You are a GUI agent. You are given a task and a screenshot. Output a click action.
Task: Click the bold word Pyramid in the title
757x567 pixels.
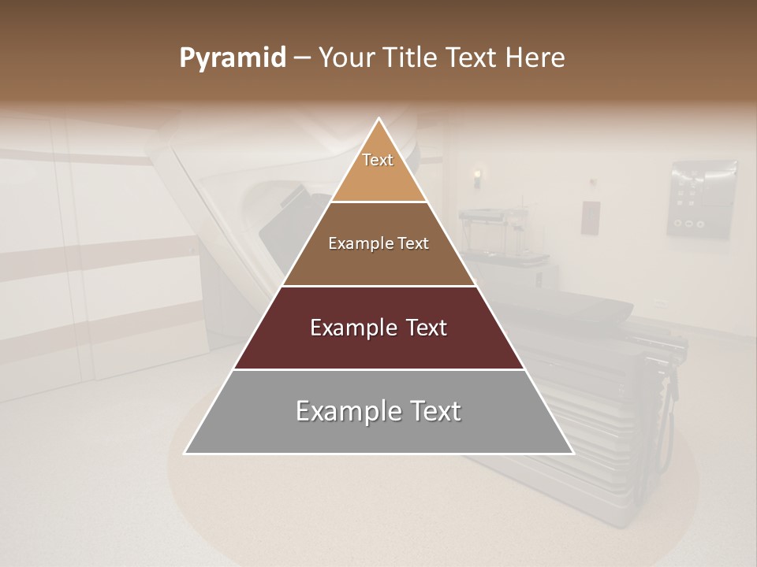pyautogui.click(x=233, y=58)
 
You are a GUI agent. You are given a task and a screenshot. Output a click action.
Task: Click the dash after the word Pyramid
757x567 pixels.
pyautogui.click(x=302, y=58)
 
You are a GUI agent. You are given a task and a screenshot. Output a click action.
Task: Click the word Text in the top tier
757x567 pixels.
pyautogui.click(x=378, y=160)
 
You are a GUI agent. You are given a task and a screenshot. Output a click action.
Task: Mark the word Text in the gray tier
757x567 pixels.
pyautogui.click(x=433, y=411)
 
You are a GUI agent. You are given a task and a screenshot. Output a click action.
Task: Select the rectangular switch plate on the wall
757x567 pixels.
pyautogui.click(x=591, y=217)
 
